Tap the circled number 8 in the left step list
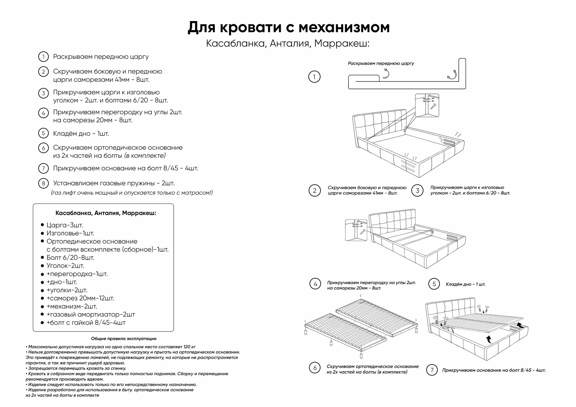tap(43, 183)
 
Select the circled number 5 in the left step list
tap(43, 133)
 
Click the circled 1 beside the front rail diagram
tap(314, 77)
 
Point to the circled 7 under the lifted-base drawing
tap(432, 370)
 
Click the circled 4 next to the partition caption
tap(315, 284)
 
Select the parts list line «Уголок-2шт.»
tap(65, 266)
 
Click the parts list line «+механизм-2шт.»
tap(72, 306)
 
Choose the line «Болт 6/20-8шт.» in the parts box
tap(70, 258)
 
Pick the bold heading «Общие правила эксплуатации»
tap(124, 339)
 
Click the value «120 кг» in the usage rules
tap(189, 347)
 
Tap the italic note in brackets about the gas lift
tap(132, 193)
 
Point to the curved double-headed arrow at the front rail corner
tap(452, 74)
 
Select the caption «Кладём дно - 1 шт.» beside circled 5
tap(465, 284)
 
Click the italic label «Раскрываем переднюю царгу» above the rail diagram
tap(381, 63)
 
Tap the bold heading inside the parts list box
tap(106, 213)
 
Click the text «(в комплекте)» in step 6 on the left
tap(145, 156)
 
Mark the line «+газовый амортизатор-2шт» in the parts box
tap(91, 314)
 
